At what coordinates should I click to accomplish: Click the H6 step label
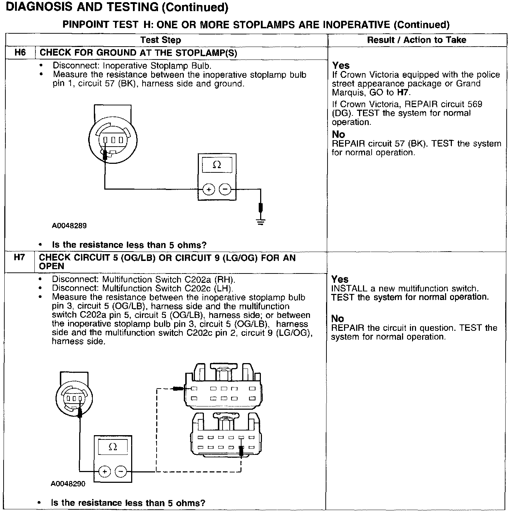tap(20, 53)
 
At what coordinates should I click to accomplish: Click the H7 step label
tap(19, 257)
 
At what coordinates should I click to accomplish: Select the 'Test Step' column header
tap(161, 40)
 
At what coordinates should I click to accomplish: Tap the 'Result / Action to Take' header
tap(416, 40)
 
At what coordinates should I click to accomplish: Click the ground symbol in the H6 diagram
tap(261, 222)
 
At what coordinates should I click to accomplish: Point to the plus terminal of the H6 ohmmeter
tap(209, 189)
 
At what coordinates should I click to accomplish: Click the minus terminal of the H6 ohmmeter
tap(225, 189)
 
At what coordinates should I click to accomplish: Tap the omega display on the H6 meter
tap(217, 165)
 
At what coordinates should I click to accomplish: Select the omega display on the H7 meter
tap(113, 447)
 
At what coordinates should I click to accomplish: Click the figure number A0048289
tap(69, 226)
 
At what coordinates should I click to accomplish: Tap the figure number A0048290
tap(68, 484)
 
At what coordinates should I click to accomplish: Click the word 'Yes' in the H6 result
tap(341, 66)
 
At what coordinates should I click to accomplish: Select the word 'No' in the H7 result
tap(338, 319)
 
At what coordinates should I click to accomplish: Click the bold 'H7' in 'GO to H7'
tap(403, 92)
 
